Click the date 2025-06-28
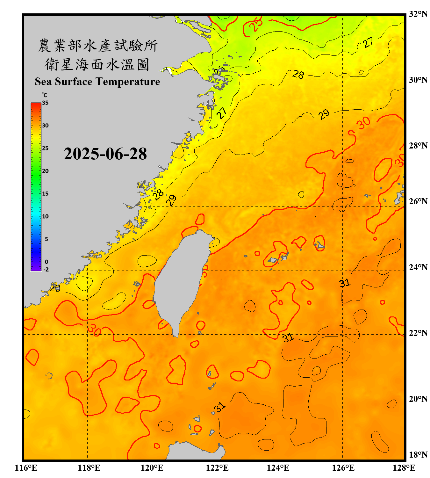coord(105,154)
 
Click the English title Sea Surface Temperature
coord(97,82)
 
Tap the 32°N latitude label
coord(418,14)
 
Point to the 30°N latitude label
coord(418,80)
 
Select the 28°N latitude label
coord(418,145)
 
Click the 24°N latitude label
coord(418,267)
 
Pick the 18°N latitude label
coord(418,454)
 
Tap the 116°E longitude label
coord(26,468)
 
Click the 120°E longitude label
coord(152,468)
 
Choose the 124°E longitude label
coord(278,468)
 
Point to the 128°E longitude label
coord(404,468)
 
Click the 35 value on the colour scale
coord(45,103)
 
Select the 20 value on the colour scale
coord(45,171)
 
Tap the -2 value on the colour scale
coord(46,269)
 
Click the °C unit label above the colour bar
coord(45,95)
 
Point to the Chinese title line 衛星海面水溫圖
coord(97,64)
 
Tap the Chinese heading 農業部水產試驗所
coord(97,46)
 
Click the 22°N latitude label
coord(418,333)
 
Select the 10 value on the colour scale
coord(45,216)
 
